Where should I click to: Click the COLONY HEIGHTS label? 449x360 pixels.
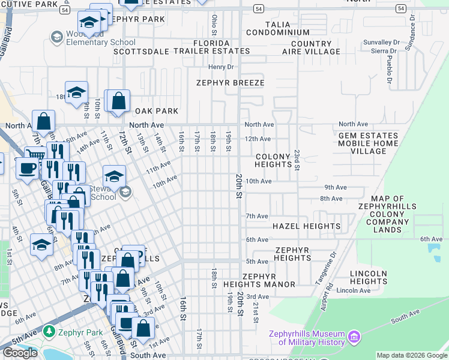tap(273, 160)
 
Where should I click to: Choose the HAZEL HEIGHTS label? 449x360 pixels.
tap(306, 226)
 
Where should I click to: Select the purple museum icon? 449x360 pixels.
tap(354, 338)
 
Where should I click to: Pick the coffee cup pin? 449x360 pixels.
tap(26, 168)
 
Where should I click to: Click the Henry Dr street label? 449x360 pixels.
tap(220, 67)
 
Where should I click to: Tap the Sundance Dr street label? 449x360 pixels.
tap(412, 27)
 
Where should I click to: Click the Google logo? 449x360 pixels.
tap(20, 353)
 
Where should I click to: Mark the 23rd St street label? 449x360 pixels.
tap(296, 160)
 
